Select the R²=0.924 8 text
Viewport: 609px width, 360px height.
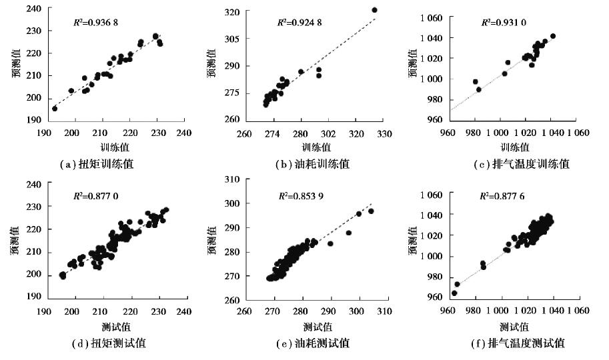301,22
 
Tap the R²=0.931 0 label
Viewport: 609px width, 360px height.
504,22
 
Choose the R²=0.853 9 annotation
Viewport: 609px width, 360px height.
301,197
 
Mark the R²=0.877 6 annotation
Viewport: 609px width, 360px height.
503,197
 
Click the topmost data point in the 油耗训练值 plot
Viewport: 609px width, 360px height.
374,10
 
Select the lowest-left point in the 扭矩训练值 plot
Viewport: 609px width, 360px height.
55,108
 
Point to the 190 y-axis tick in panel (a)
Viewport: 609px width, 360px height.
31,121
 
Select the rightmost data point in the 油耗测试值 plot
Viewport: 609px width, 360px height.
372,211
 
